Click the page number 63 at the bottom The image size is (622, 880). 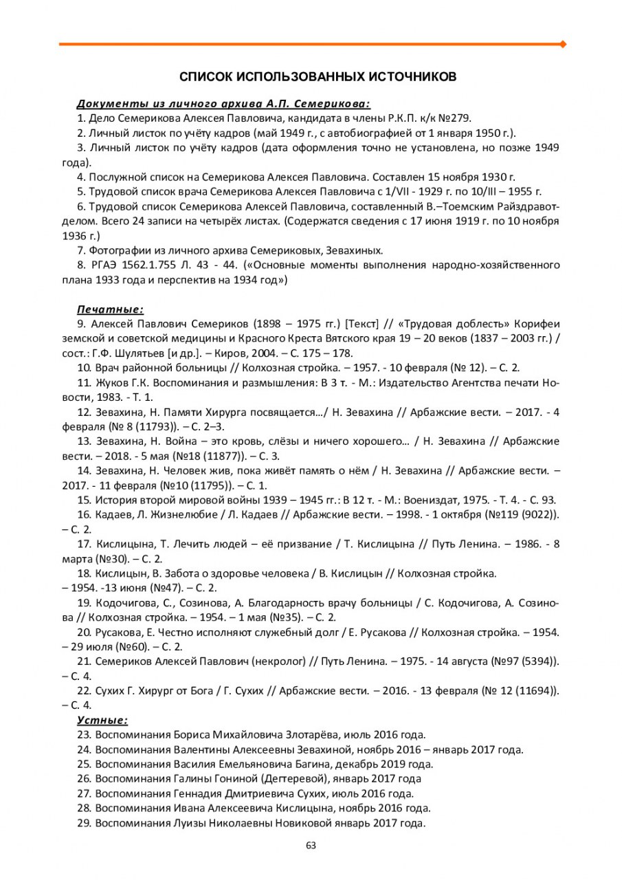click(311, 846)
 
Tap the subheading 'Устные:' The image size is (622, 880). click(102, 720)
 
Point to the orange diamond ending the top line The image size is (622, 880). click(564, 44)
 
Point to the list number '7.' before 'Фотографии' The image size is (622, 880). click(81, 250)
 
